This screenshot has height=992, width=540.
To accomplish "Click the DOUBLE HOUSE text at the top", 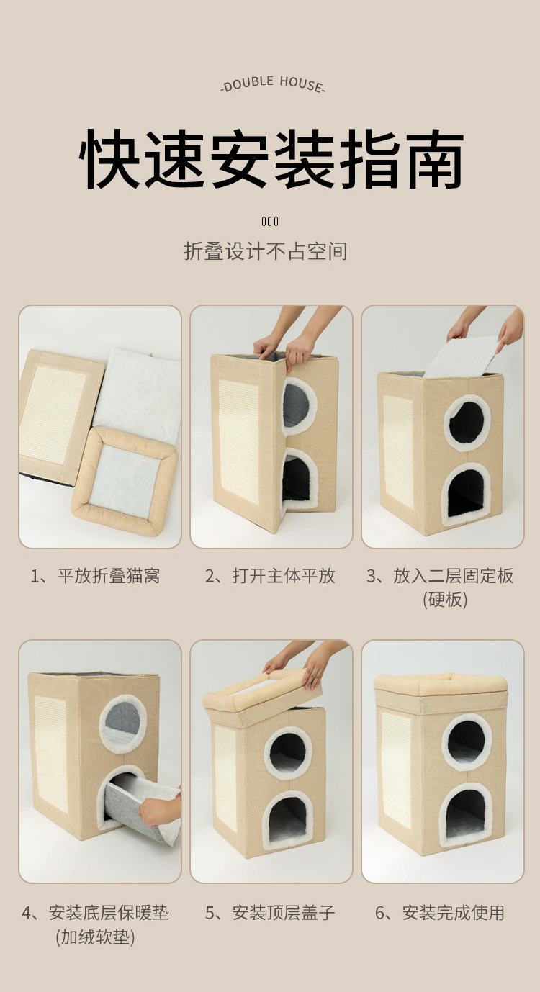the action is click(272, 84).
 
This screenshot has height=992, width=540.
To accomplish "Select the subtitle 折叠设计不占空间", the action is click(266, 251).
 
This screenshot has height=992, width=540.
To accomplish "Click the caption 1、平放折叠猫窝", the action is click(95, 576).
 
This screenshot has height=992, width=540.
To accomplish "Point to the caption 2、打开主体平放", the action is click(270, 576).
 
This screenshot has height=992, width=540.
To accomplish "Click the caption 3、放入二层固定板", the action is click(440, 576).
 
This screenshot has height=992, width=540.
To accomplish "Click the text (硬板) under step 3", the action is click(445, 600).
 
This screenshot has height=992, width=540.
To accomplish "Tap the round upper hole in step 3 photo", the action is click(467, 423).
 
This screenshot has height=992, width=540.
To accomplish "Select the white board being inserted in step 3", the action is click(461, 356).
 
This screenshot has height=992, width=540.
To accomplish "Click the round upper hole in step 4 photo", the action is click(122, 725).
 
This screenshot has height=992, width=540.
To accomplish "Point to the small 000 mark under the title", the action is click(270, 222).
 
